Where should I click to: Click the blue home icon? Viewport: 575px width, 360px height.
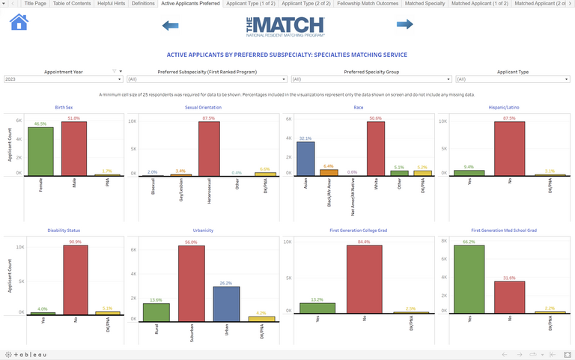19,22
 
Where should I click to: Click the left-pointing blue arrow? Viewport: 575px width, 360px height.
171,25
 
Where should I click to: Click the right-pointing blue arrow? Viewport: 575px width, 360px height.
404,25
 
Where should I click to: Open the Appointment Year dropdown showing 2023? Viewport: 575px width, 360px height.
62,79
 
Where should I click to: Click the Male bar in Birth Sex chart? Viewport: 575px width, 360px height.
73,148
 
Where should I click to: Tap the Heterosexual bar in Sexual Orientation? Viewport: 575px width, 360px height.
209,148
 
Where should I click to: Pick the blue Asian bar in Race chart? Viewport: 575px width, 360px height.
305,158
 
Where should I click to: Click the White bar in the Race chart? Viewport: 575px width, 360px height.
376,148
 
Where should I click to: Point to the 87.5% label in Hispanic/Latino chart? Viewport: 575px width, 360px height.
509,118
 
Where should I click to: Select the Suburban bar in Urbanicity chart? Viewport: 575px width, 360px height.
192,283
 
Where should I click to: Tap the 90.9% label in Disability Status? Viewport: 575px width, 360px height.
76,241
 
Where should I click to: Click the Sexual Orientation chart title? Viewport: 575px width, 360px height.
203,107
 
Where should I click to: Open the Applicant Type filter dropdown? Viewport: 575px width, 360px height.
513,79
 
